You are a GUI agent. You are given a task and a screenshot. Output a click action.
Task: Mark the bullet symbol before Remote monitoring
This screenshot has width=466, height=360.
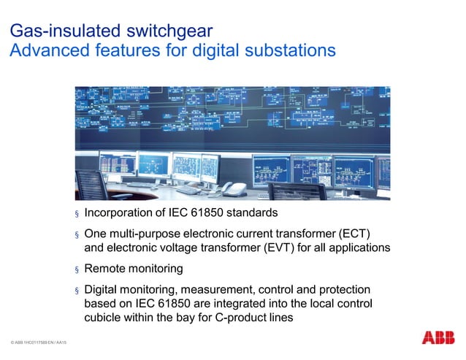click(75, 269)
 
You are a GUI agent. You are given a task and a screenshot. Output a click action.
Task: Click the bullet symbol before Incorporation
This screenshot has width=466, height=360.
click(75, 215)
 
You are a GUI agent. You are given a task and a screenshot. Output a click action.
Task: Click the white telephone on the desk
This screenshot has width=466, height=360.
click(233, 188)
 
